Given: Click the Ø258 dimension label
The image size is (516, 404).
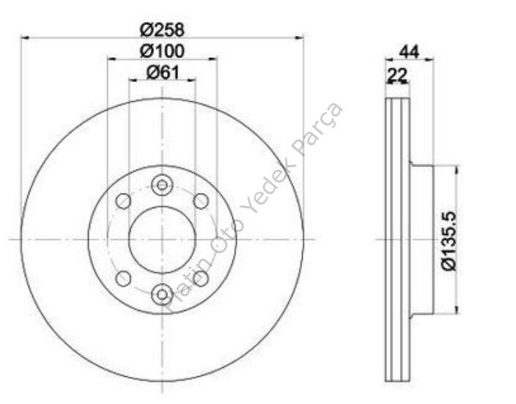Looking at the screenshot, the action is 162,30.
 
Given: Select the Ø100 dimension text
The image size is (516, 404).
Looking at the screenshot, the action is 162,51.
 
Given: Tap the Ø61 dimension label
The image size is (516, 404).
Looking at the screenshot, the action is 163,72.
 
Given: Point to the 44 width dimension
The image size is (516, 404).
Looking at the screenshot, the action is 409,52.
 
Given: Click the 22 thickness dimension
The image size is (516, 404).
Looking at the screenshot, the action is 397,75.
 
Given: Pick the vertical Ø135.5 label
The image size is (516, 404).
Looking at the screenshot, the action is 449,241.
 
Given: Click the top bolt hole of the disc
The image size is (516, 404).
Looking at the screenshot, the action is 162,185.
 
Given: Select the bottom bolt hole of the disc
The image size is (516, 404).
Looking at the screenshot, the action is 162,294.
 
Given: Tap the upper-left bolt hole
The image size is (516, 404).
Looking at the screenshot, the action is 123,201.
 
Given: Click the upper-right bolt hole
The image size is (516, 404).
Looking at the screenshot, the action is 201,201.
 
